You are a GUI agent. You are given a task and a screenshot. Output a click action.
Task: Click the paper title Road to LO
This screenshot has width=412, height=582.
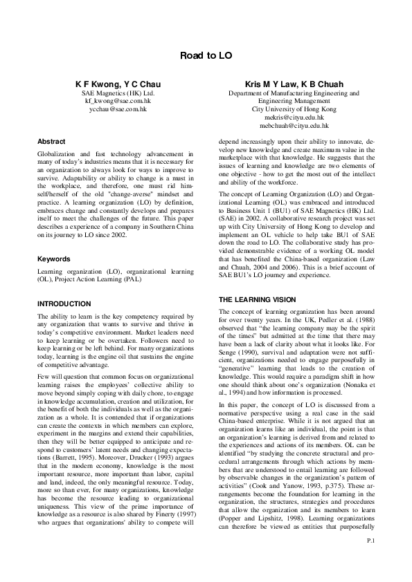[x=206, y=55]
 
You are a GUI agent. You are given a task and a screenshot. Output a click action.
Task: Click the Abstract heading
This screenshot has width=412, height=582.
[x=52, y=140]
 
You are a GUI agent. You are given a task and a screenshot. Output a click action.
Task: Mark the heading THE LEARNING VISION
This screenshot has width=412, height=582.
[x=257, y=299]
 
